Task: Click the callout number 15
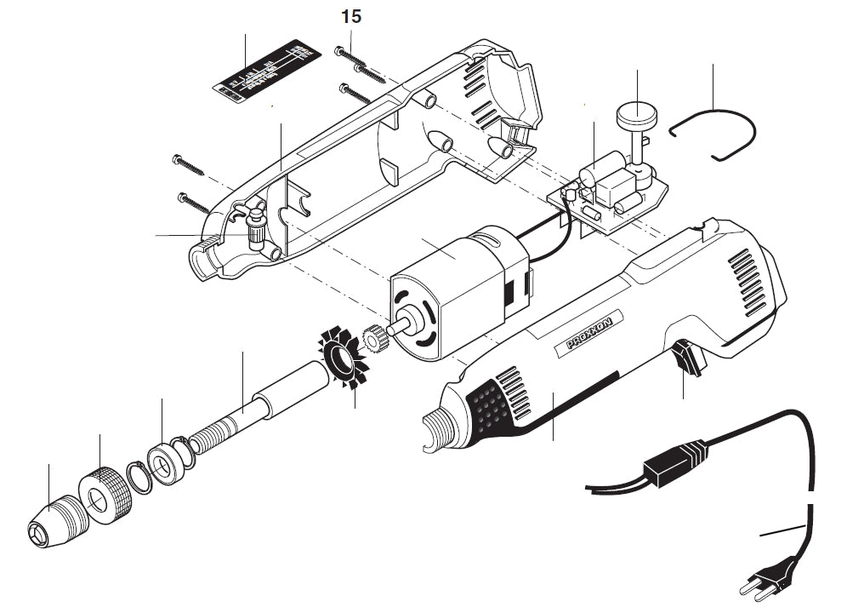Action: click(x=351, y=16)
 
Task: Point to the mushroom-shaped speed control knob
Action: click(x=633, y=114)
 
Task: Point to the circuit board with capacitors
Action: click(x=608, y=196)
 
